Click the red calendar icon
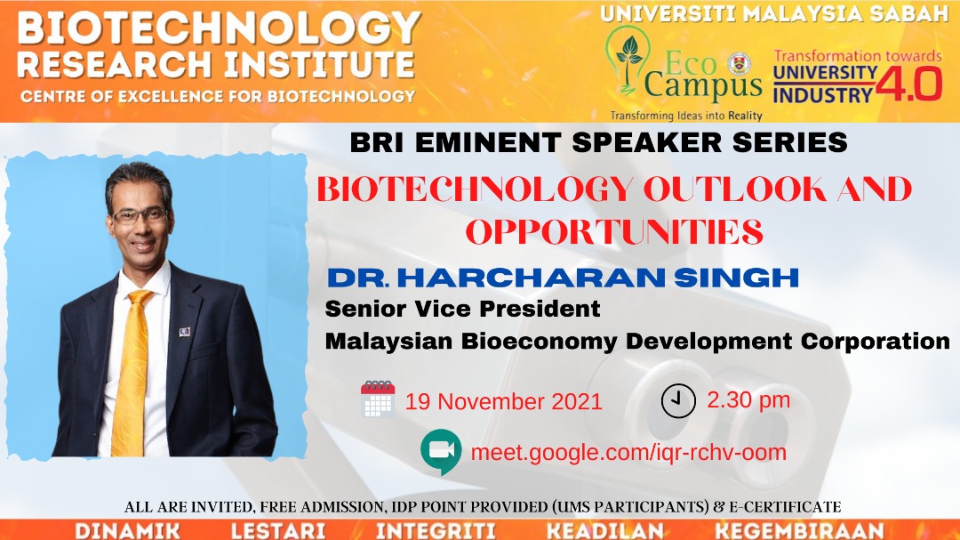[x=378, y=399]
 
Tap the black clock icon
[x=678, y=401]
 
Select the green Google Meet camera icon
[x=441, y=452]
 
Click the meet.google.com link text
[x=628, y=452]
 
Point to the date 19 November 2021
[x=504, y=401]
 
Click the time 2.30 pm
[x=748, y=399]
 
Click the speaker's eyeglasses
[x=140, y=216]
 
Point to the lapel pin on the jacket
[x=185, y=332]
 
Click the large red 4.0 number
[x=908, y=84]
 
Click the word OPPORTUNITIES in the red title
[x=614, y=231]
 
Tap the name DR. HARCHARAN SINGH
[x=564, y=278]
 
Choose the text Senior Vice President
[x=462, y=309]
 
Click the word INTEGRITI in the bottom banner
[x=436, y=531]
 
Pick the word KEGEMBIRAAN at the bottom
[x=799, y=531]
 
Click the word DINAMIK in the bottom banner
[x=127, y=531]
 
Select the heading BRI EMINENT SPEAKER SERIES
[x=599, y=142]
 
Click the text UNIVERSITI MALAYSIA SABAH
[x=774, y=13]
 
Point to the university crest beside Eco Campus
[x=740, y=64]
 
